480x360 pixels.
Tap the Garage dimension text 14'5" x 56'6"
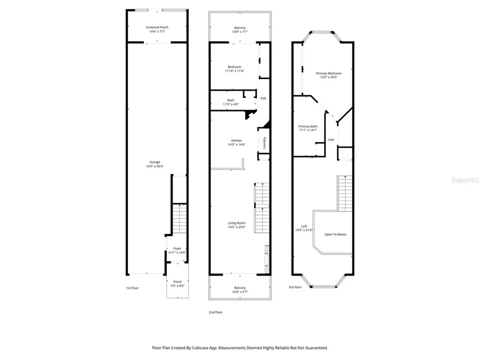155,166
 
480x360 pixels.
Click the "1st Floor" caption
133,288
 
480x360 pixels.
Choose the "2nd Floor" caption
216,312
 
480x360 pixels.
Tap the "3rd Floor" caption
295,287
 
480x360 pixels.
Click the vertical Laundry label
264,142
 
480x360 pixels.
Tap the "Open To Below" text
336,234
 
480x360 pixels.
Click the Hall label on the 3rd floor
331,140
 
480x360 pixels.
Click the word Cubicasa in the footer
200,348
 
